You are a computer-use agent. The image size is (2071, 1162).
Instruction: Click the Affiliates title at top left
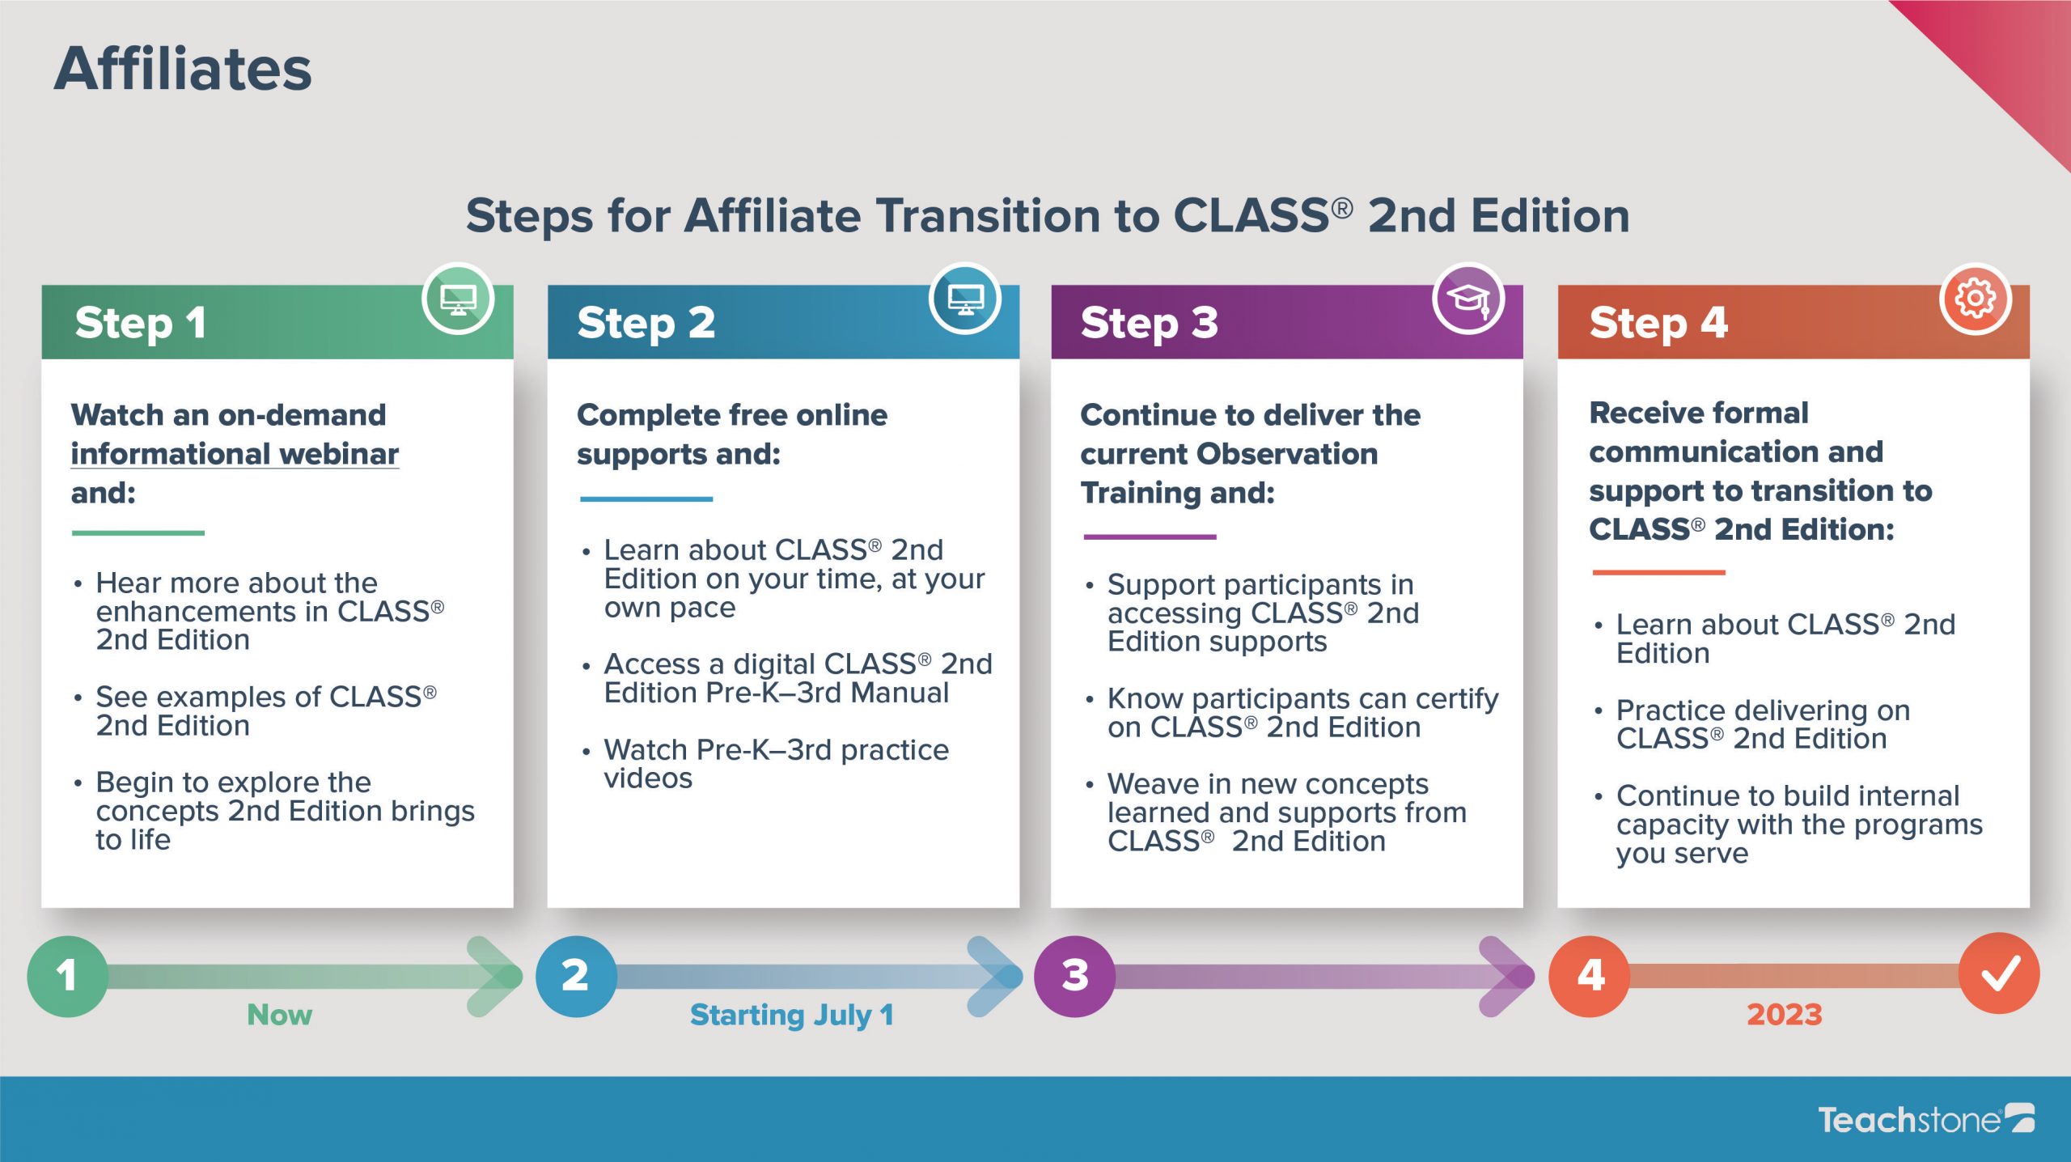coord(183,69)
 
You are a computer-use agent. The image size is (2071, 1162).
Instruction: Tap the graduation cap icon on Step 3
coord(1468,299)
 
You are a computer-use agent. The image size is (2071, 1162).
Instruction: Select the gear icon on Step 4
coord(1975,299)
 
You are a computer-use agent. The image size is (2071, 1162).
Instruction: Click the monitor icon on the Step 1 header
coord(458,299)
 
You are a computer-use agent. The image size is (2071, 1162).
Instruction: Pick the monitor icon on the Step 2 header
coord(965,299)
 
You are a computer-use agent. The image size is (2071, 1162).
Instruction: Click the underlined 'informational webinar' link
coord(235,455)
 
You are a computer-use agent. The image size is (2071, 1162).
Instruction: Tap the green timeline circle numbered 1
coord(68,976)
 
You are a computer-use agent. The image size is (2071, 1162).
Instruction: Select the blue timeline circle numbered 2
coord(576,976)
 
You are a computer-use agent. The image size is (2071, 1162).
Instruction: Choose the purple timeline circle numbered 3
coord(1074,976)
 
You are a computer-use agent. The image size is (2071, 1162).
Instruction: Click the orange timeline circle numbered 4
coord(1590,976)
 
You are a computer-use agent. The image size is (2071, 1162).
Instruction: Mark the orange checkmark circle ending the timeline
coord(1999,973)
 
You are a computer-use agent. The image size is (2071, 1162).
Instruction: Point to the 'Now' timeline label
coord(279,1015)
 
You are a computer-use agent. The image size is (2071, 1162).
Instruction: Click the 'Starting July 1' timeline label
coord(792,1016)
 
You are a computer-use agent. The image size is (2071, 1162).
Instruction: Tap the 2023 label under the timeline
coord(1785,1015)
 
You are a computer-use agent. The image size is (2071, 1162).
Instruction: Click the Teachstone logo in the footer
coord(1925,1119)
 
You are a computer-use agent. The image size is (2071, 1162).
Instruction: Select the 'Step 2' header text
coord(646,323)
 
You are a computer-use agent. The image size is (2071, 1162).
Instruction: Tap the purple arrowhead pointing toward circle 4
coord(1506,976)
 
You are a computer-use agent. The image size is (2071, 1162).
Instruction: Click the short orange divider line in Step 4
coord(1658,572)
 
